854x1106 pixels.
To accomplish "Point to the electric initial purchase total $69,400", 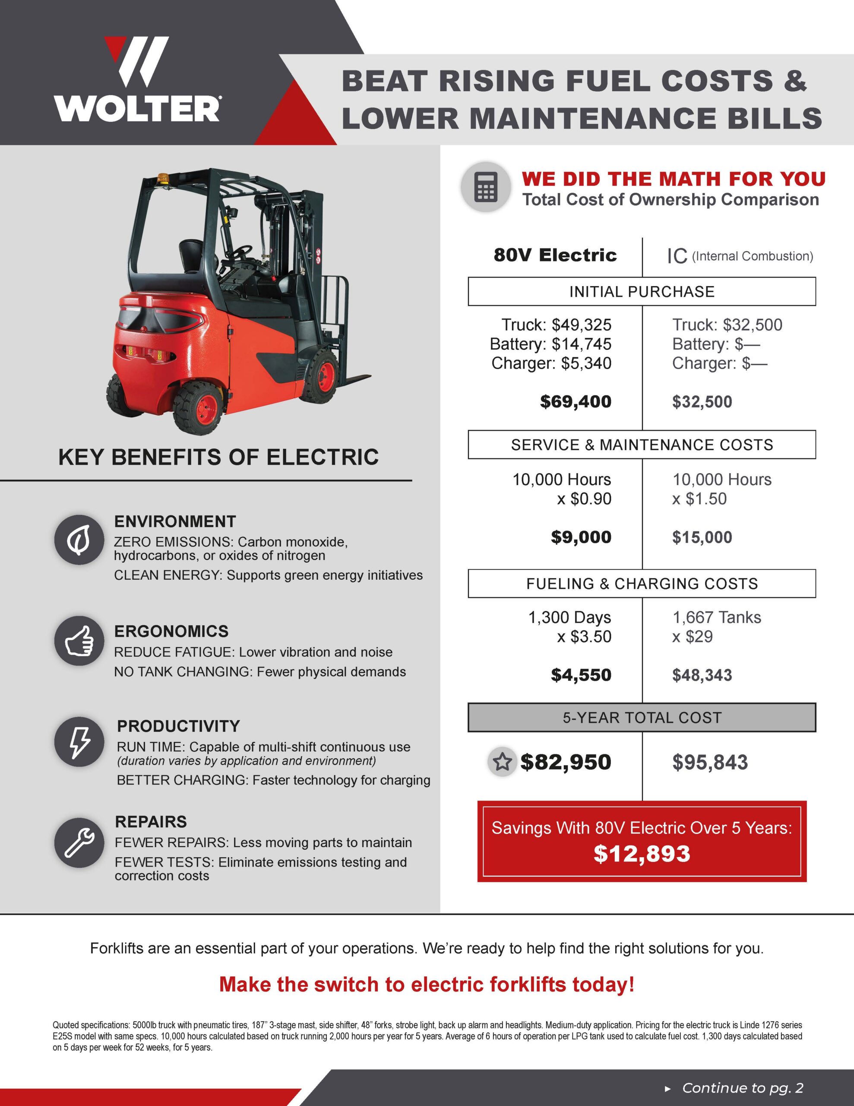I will [x=576, y=402].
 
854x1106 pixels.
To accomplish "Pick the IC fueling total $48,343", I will [x=702, y=675].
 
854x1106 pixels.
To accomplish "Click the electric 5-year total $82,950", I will [x=566, y=762].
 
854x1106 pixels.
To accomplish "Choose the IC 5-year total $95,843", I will [x=710, y=762].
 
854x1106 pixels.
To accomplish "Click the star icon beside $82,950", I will [x=502, y=762].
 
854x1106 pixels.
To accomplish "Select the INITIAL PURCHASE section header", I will [x=642, y=292].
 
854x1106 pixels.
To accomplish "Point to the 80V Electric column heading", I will [x=555, y=255].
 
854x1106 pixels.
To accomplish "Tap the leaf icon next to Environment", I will [x=79, y=540].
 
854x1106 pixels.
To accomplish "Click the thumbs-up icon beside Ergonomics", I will [x=79, y=641].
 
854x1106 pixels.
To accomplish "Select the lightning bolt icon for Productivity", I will [x=79, y=741].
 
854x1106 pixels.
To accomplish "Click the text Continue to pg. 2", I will [x=742, y=1088].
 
